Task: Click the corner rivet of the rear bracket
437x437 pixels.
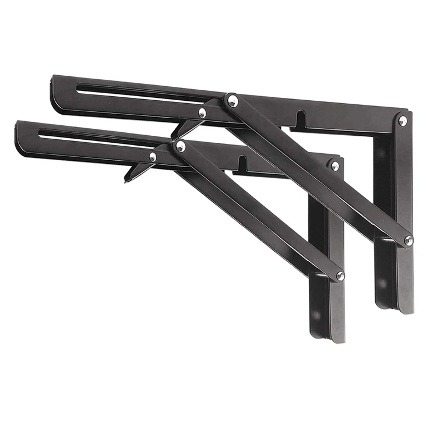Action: click(403, 121)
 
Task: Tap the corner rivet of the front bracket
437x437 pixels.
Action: click(334, 166)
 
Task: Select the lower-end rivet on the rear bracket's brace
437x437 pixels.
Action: click(408, 239)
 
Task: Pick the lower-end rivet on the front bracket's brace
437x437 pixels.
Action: click(340, 276)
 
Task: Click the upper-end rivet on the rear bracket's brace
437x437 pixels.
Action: click(232, 101)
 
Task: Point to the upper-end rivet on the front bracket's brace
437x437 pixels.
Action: click(181, 146)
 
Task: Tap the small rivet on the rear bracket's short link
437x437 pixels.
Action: click(202, 113)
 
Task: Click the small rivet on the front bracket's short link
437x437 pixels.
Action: click(153, 157)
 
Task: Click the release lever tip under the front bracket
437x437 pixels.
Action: click(126, 179)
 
